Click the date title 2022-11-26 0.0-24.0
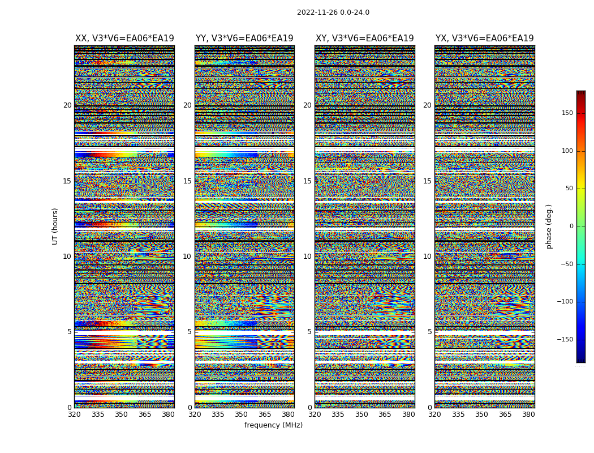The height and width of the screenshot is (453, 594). point(333,12)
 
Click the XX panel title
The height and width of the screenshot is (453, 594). point(124,39)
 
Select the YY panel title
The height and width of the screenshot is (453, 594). point(244,39)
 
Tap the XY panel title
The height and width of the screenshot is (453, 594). point(364,39)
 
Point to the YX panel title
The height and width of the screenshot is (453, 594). point(484,39)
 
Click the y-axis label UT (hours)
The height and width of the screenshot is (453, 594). point(55,226)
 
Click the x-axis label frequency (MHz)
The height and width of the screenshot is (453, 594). point(273,425)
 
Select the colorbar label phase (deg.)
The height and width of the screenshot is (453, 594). point(549,226)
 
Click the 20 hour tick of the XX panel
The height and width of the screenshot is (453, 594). point(67,105)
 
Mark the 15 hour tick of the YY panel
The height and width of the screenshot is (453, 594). point(187,181)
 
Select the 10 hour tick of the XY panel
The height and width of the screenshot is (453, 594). point(307,257)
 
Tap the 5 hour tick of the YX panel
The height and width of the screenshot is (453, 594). point(429,332)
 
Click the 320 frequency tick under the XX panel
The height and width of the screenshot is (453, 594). point(74,414)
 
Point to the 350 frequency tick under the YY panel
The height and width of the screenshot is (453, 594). point(242,414)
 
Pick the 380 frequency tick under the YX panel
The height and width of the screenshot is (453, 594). point(528,414)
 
